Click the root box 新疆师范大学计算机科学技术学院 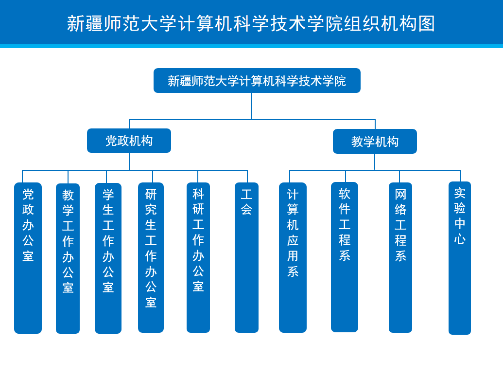(257, 81)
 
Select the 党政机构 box (129, 141)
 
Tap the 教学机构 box (375, 141)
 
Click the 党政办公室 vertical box (28, 258)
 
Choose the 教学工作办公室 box (68, 258)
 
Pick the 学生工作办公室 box (108, 258)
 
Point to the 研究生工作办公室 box (151, 257)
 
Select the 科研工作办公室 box (198, 257)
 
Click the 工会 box (247, 257)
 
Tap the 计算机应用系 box (293, 257)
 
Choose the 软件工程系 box (345, 257)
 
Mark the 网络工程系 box (400, 257)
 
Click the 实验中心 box (460, 258)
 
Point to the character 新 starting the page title (76, 23)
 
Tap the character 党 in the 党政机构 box (111, 141)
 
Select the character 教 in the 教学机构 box (357, 142)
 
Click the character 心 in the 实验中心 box (460, 239)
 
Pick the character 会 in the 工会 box (247, 209)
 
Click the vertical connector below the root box (252, 107)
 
